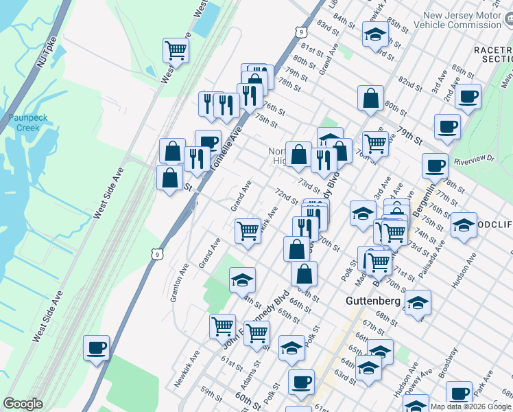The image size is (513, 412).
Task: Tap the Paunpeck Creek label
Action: point(28,122)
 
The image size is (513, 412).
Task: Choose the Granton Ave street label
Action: point(180,282)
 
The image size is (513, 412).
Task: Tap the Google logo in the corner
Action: point(23,404)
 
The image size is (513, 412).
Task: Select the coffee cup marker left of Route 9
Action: point(97,347)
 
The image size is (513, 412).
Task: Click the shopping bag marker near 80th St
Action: point(370,98)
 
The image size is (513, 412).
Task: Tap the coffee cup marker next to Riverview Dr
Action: point(435,165)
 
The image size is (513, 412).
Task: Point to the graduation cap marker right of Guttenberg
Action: point(418,302)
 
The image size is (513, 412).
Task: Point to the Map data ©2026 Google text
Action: point(470,407)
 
